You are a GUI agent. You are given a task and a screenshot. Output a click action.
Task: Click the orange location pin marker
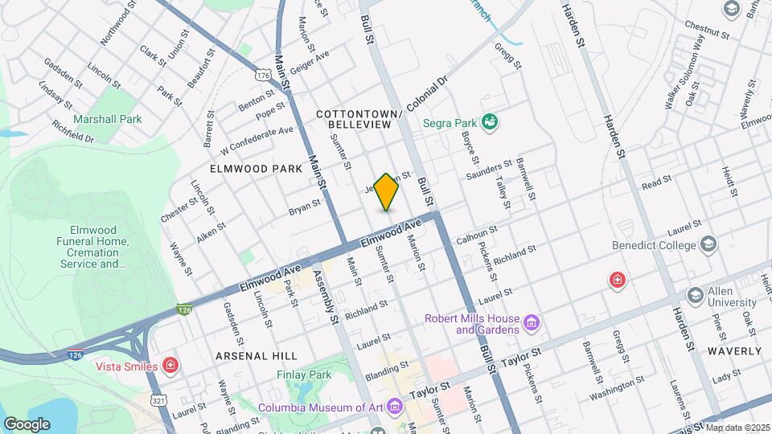387,191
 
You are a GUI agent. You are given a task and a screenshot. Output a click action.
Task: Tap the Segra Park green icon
489,123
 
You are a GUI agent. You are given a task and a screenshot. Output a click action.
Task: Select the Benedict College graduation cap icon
708,243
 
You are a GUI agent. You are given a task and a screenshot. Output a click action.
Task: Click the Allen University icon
695,294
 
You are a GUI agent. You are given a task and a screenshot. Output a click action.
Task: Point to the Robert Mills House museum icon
530,323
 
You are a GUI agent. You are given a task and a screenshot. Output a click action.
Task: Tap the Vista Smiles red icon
170,366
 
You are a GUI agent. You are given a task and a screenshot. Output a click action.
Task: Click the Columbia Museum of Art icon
393,407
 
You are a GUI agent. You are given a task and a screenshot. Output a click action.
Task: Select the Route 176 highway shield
263,74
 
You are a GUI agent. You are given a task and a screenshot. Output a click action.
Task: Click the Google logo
27,424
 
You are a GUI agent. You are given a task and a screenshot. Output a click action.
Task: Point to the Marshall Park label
107,119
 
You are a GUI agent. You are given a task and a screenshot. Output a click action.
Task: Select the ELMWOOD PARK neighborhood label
244,169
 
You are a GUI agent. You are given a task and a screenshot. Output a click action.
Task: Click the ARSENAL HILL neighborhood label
257,355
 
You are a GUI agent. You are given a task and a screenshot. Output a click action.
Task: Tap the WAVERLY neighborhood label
734,351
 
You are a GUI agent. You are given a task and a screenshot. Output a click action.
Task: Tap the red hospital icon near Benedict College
617,280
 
